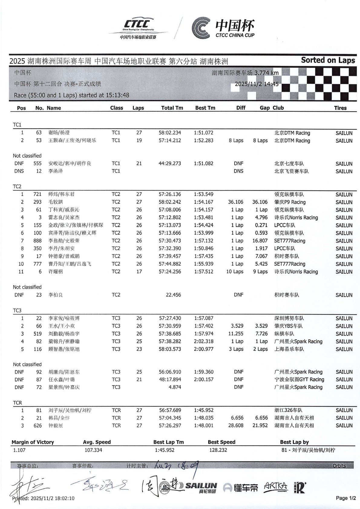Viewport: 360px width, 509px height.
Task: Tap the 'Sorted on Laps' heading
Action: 328,60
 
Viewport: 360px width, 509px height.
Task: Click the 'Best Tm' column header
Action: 205,108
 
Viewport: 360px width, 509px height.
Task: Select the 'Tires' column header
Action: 340,108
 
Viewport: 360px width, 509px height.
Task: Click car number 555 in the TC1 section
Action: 38,163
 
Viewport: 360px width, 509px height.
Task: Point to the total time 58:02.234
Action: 170,133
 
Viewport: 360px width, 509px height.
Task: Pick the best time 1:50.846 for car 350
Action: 203,248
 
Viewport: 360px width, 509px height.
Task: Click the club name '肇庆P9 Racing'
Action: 290,202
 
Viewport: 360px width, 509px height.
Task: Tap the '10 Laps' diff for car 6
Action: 235,272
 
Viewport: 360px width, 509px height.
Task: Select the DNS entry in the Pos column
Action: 19,171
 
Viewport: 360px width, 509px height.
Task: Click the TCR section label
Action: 17,403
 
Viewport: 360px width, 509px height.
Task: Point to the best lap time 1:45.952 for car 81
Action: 203,410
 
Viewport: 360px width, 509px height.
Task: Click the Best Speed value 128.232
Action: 218,450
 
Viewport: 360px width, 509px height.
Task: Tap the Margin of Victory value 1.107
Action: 19,450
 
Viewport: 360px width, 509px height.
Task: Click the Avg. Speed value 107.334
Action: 93,450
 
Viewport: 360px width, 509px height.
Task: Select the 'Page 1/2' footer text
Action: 346,498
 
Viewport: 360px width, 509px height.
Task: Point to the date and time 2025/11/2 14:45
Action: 257,84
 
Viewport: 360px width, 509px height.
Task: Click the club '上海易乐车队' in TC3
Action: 289,349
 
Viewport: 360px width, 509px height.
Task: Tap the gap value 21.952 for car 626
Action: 260,426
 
